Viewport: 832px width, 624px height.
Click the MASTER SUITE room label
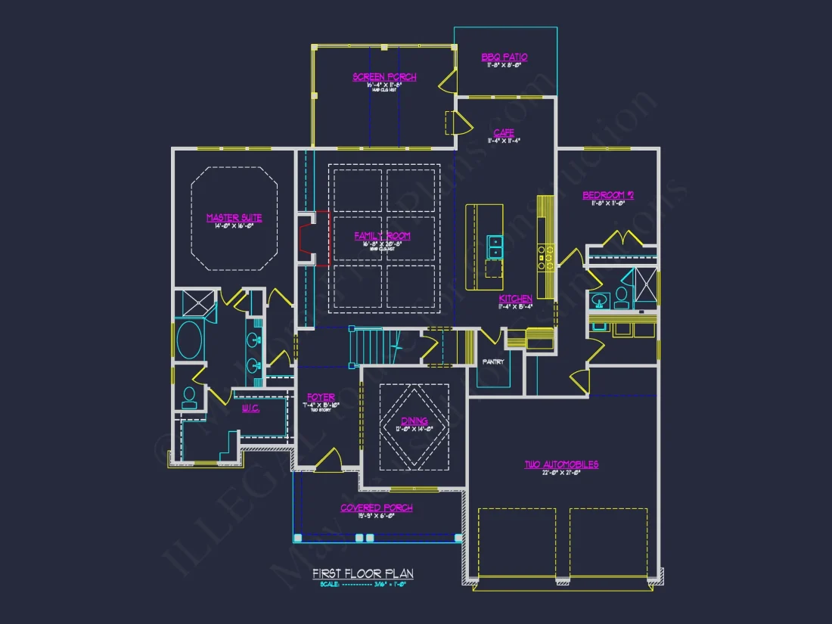(x=234, y=218)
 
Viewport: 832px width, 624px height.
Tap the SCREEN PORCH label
(x=384, y=76)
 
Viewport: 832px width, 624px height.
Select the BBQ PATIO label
(x=504, y=57)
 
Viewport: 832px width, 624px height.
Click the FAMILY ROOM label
(x=383, y=236)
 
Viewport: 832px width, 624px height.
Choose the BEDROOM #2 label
(x=608, y=195)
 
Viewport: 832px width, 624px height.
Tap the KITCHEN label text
(x=515, y=299)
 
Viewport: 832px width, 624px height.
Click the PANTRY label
(x=494, y=362)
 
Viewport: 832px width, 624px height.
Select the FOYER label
(x=321, y=397)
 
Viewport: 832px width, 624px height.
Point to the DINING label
(x=414, y=421)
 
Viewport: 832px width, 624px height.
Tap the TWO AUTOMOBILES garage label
(x=561, y=464)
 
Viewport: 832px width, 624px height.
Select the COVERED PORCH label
(x=377, y=508)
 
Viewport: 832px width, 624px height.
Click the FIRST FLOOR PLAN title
(x=363, y=574)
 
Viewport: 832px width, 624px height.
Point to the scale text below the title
(x=363, y=584)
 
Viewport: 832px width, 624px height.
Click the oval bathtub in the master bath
(x=189, y=340)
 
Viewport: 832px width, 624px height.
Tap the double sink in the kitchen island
(x=495, y=247)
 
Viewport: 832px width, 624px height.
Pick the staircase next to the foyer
(x=371, y=346)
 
